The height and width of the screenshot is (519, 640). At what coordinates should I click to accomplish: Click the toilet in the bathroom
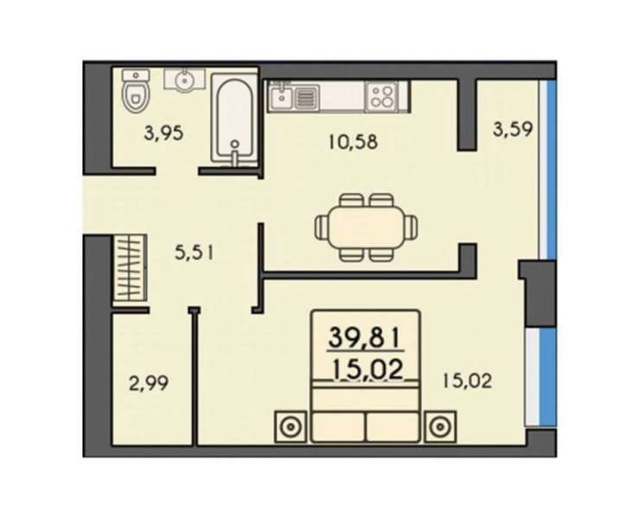tap(136, 91)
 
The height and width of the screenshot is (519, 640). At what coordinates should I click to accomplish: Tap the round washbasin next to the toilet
tap(184, 79)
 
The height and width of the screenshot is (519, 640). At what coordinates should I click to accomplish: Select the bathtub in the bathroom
tap(234, 120)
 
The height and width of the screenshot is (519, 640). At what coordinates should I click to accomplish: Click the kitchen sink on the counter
tap(281, 96)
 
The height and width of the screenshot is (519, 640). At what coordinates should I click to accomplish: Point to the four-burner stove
tap(381, 96)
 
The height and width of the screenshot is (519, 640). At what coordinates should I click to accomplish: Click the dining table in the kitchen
tap(366, 227)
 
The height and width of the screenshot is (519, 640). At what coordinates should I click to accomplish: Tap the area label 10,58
tap(353, 142)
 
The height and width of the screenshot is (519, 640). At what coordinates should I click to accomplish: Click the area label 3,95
tap(163, 133)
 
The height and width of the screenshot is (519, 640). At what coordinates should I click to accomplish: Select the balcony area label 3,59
tap(513, 131)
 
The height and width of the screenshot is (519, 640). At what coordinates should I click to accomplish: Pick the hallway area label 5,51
tap(194, 253)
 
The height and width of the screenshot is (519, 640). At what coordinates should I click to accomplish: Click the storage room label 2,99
tap(148, 384)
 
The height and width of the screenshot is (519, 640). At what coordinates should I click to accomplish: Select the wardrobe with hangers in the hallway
tap(130, 268)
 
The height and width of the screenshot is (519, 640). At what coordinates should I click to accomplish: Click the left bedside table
tap(291, 426)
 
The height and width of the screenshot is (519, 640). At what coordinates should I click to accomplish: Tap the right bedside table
tap(440, 426)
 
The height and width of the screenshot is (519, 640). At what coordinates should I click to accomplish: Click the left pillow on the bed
tap(338, 426)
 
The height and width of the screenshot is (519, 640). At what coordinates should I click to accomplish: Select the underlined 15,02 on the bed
tap(368, 370)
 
